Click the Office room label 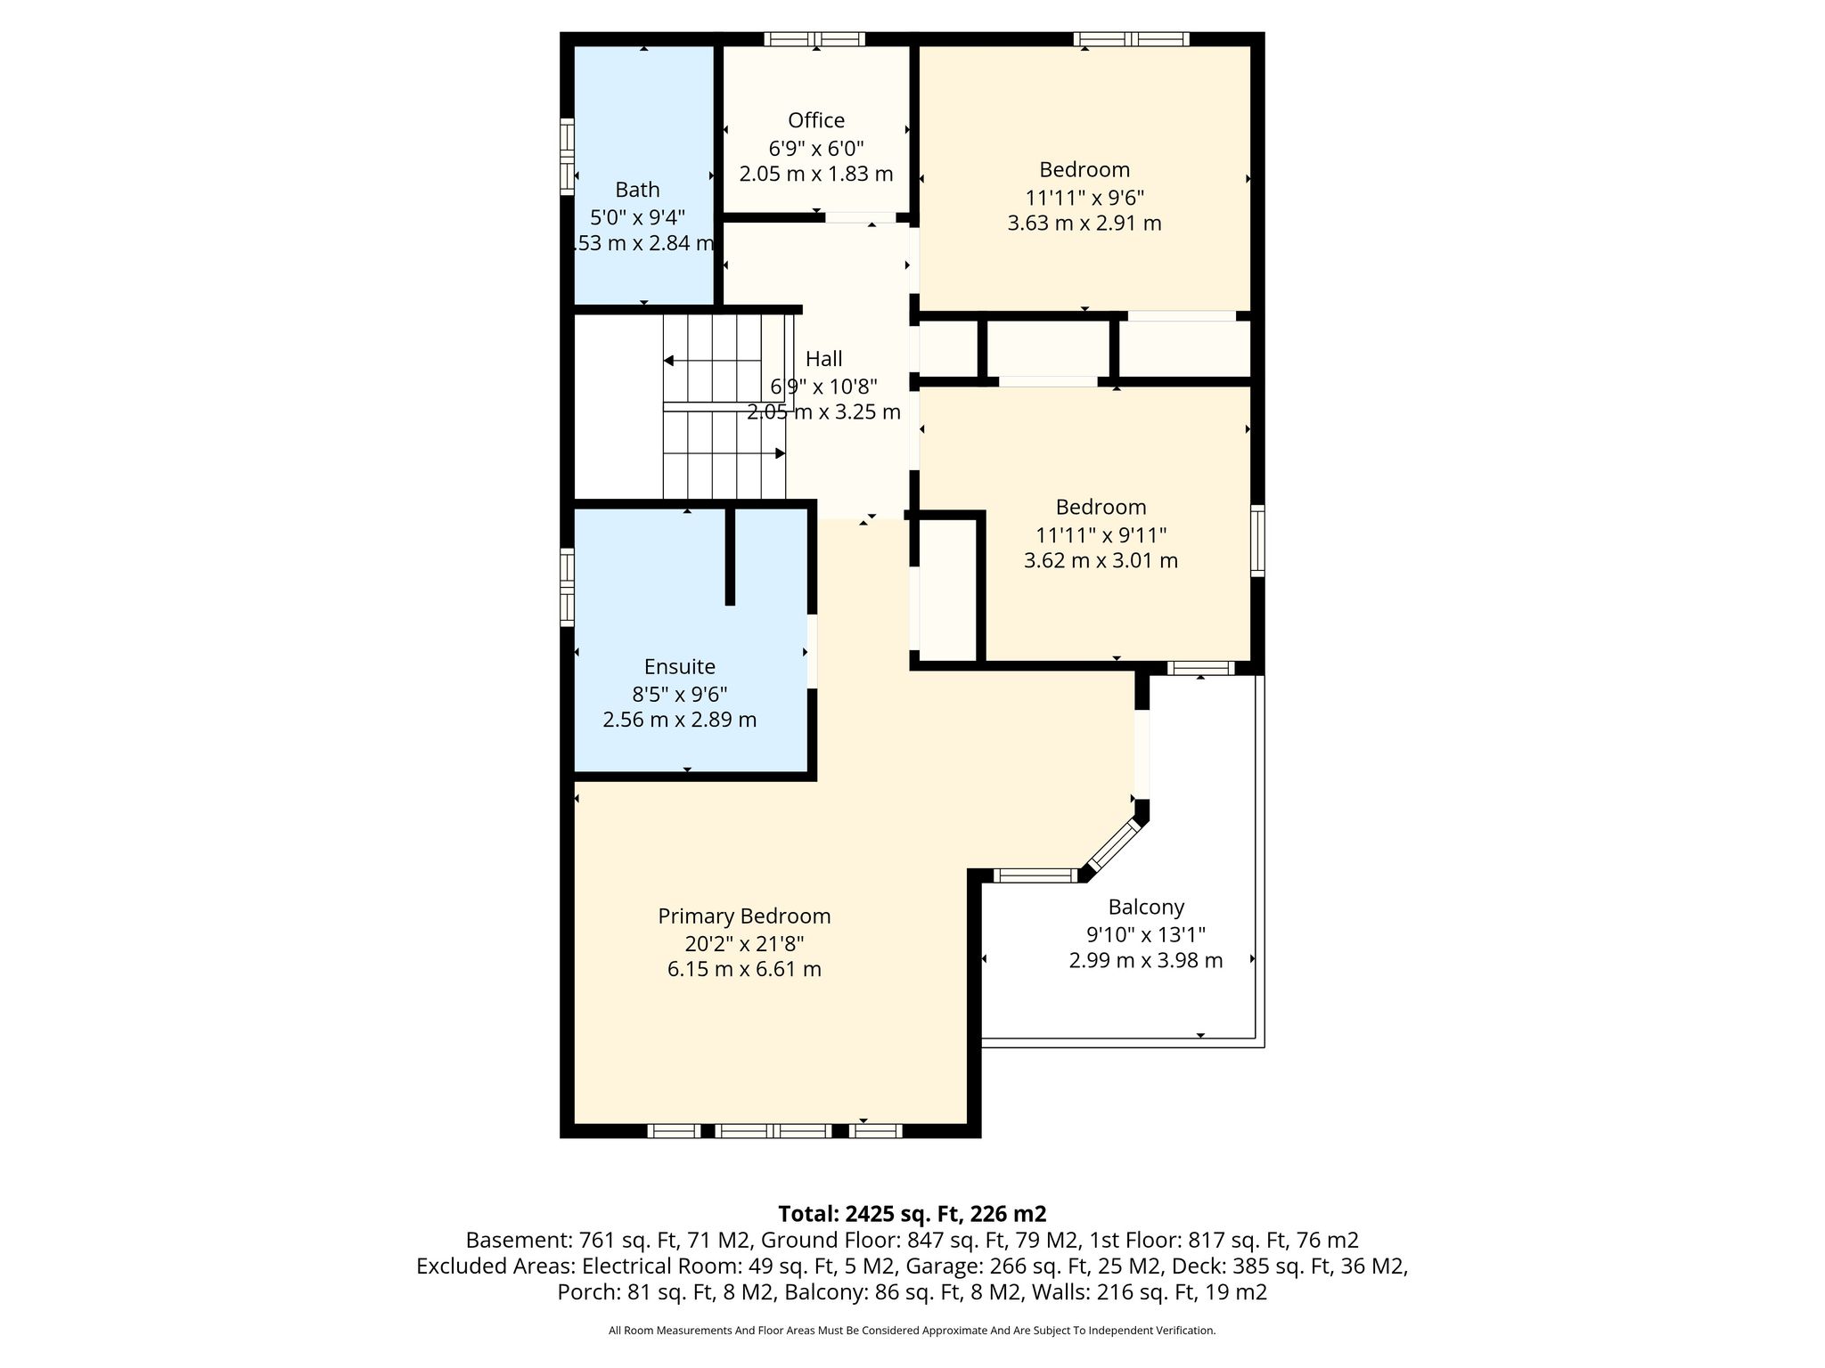click(816, 120)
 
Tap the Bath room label click(637, 190)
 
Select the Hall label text click(823, 359)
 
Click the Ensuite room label click(680, 667)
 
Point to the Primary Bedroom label click(744, 916)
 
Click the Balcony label click(1146, 908)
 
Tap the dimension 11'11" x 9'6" click(1084, 197)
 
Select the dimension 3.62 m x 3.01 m click(1101, 561)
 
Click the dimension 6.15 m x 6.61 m click(744, 969)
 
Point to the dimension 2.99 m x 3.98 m click(1146, 960)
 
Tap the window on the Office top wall click(814, 39)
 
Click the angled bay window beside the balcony click(1115, 844)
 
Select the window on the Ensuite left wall click(567, 587)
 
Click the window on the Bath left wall click(567, 157)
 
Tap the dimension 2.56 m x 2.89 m click(680, 720)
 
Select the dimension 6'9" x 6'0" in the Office click(816, 147)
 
